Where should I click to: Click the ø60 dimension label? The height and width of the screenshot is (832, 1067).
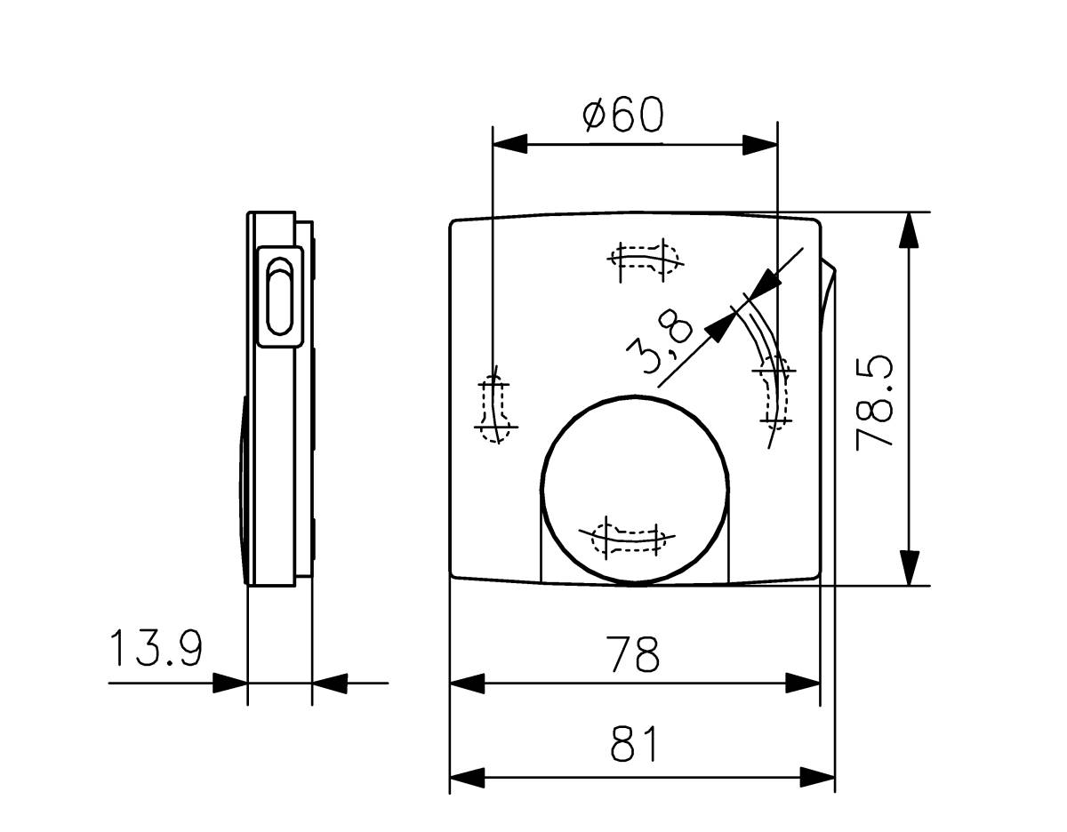(x=623, y=116)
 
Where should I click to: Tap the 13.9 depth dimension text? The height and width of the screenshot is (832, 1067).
(x=156, y=650)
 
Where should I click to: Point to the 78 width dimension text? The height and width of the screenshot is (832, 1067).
(x=634, y=655)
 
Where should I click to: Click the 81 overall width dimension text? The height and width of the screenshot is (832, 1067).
(x=635, y=745)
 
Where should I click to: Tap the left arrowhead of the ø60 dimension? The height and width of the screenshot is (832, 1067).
(x=510, y=144)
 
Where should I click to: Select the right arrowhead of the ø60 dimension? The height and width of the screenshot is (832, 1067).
(x=759, y=144)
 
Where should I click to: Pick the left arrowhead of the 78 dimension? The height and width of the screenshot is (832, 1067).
(x=468, y=684)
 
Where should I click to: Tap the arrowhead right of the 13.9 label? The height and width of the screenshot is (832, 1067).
(x=230, y=684)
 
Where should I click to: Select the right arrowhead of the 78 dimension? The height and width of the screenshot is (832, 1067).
(x=802, y=684)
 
